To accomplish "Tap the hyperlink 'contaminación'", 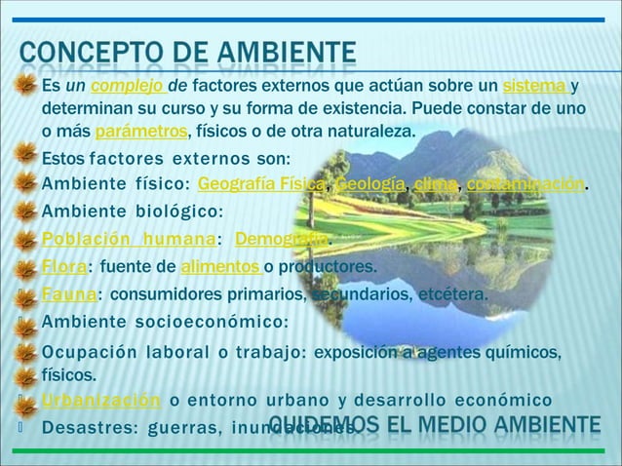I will [x=525, y=184].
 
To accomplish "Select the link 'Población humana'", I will [x=128, y=240].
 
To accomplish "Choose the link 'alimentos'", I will [x=214, y=267].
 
